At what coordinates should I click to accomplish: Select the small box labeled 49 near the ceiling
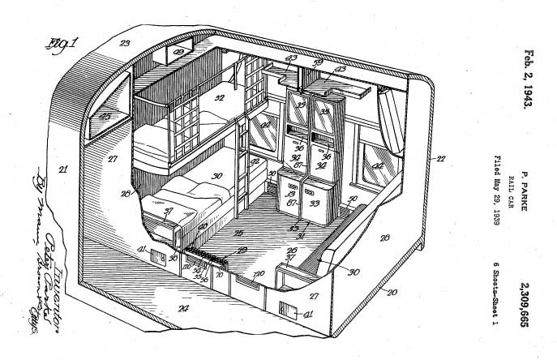point(178,54)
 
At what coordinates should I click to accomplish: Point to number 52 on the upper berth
point(219,99)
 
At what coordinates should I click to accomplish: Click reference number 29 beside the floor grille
point(241,251)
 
